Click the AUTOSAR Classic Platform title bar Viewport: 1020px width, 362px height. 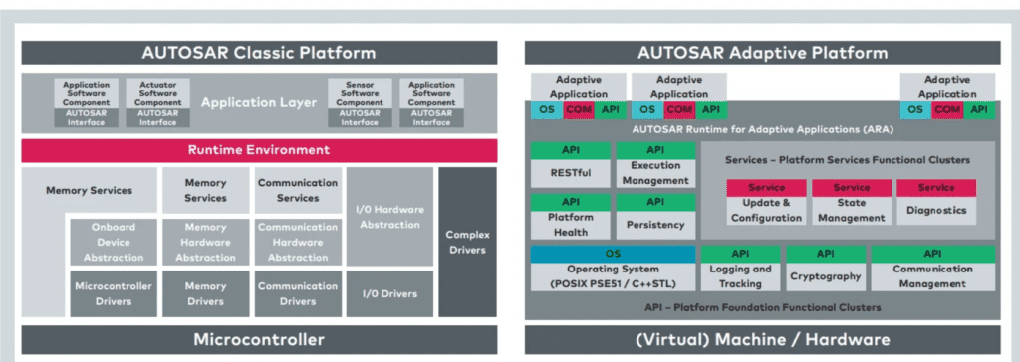coord(259,53)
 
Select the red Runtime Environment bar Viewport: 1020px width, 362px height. coord(259,150)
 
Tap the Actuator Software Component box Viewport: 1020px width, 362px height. coord(157,103)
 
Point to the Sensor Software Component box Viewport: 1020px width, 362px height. coord(358,103)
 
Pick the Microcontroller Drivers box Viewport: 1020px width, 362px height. coord(112,294)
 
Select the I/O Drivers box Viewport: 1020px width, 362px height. coord(389,294)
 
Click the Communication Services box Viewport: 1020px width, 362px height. coord(297,190)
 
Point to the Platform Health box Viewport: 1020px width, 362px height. coord(570,218)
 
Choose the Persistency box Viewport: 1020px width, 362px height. coord(655,218)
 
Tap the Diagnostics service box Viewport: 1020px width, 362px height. coord(936,203)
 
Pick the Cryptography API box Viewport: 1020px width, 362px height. coord(826,270)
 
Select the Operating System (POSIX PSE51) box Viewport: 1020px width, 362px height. coord(613,270)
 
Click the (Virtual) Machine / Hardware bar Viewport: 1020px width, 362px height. coord(762,339)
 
